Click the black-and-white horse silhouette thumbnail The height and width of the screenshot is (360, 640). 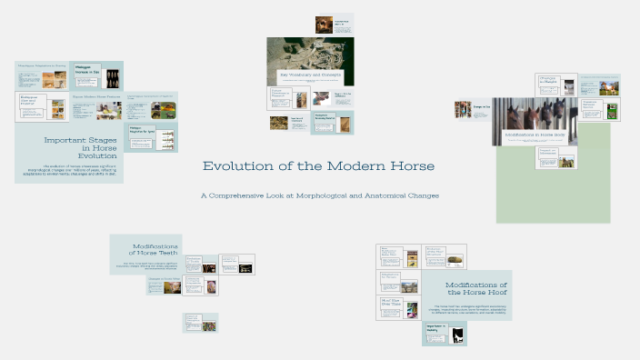[x=458, y=335]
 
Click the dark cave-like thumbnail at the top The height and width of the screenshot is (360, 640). [x=324, y=25]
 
